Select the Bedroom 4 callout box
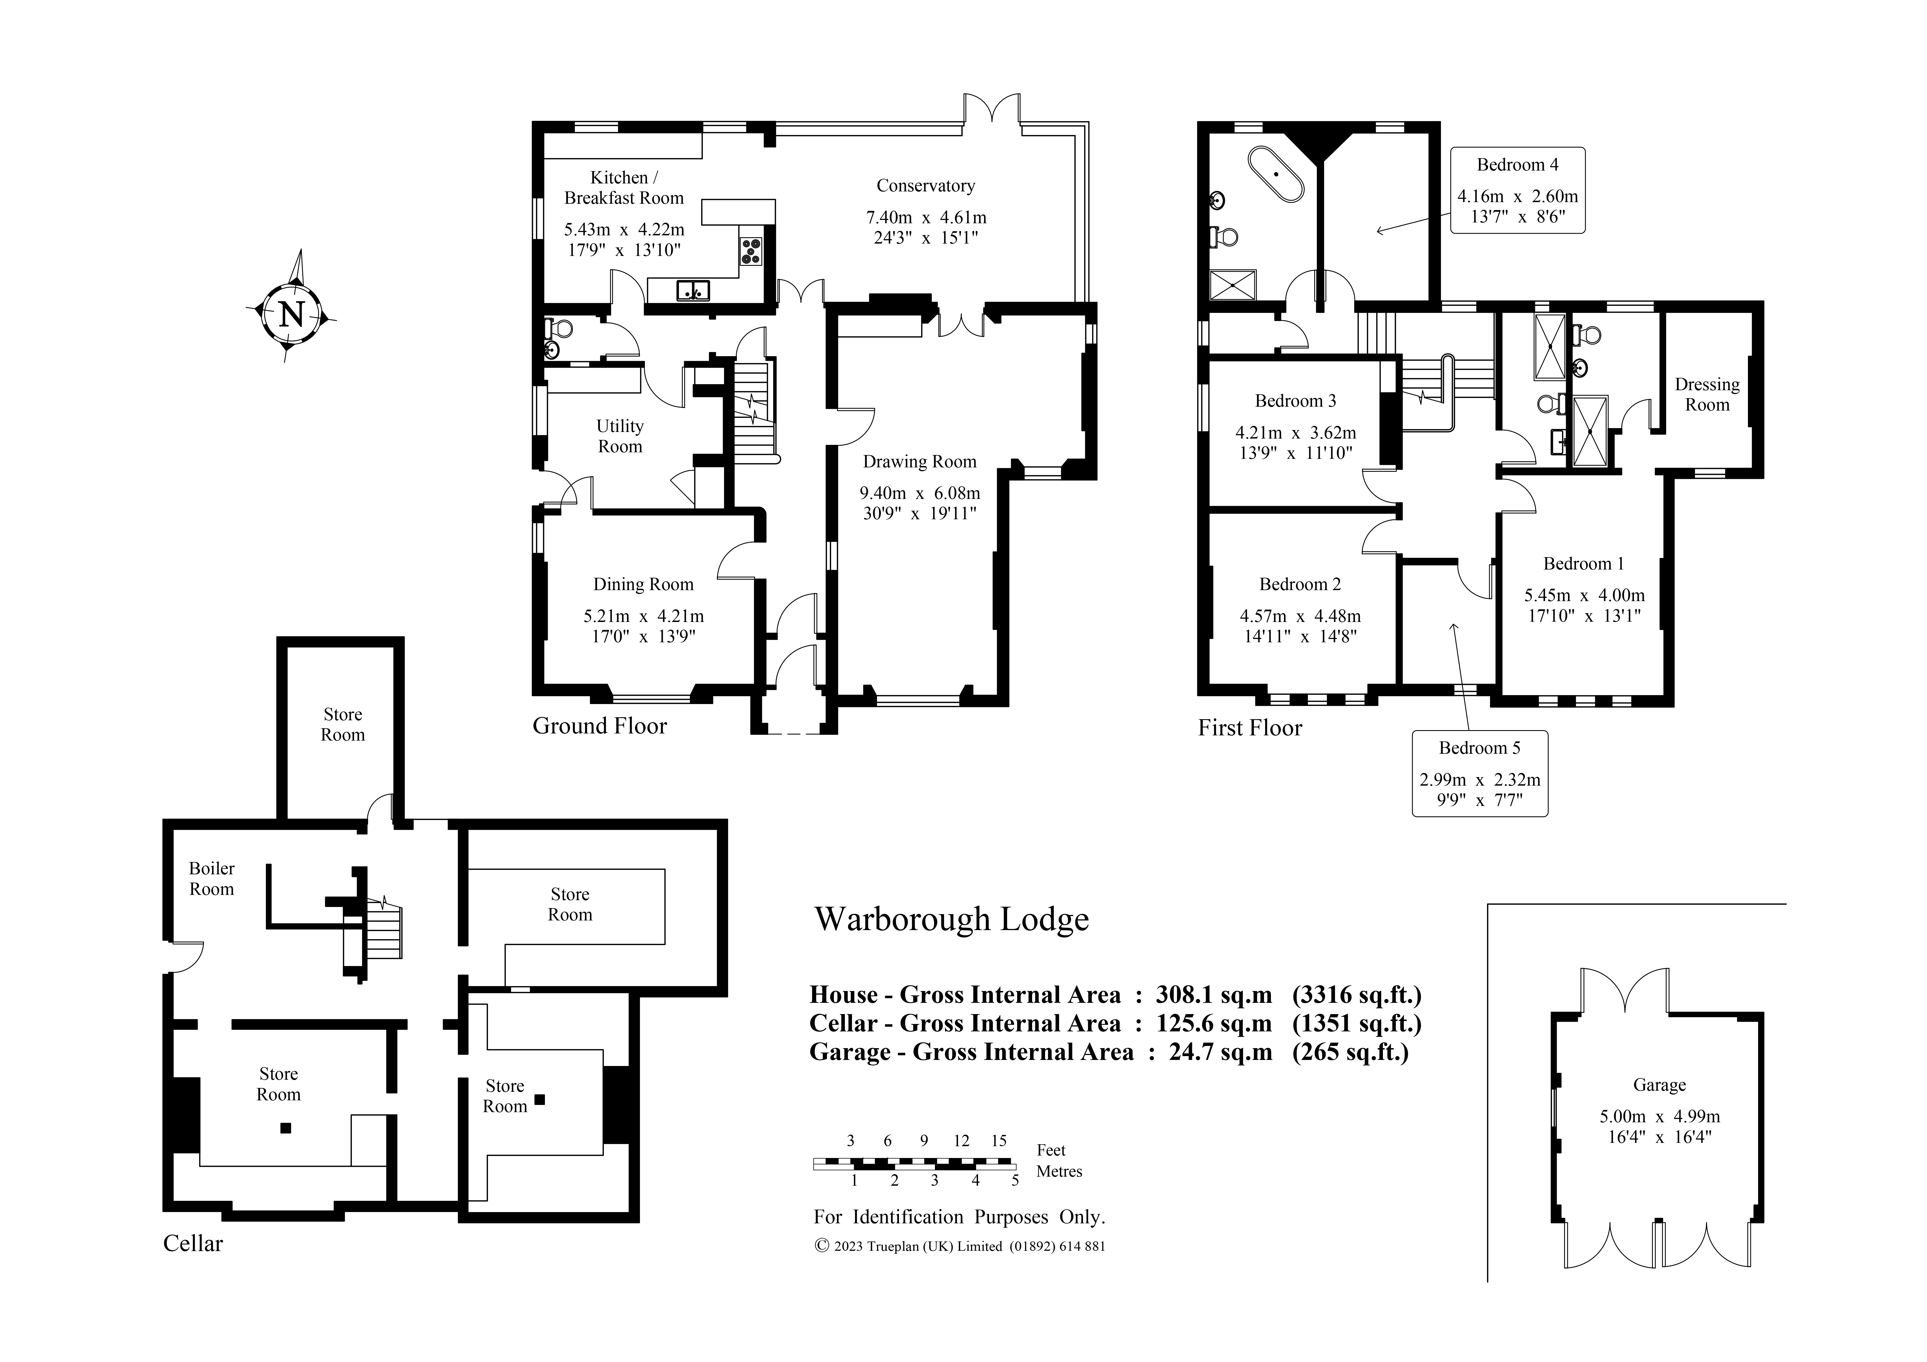click(1517, 191)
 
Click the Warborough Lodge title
click(952, 919)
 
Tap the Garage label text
click(1659, 1085)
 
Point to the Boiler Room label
click(211, 879)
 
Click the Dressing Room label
click(1707, 394)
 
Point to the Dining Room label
click(644, 584)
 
